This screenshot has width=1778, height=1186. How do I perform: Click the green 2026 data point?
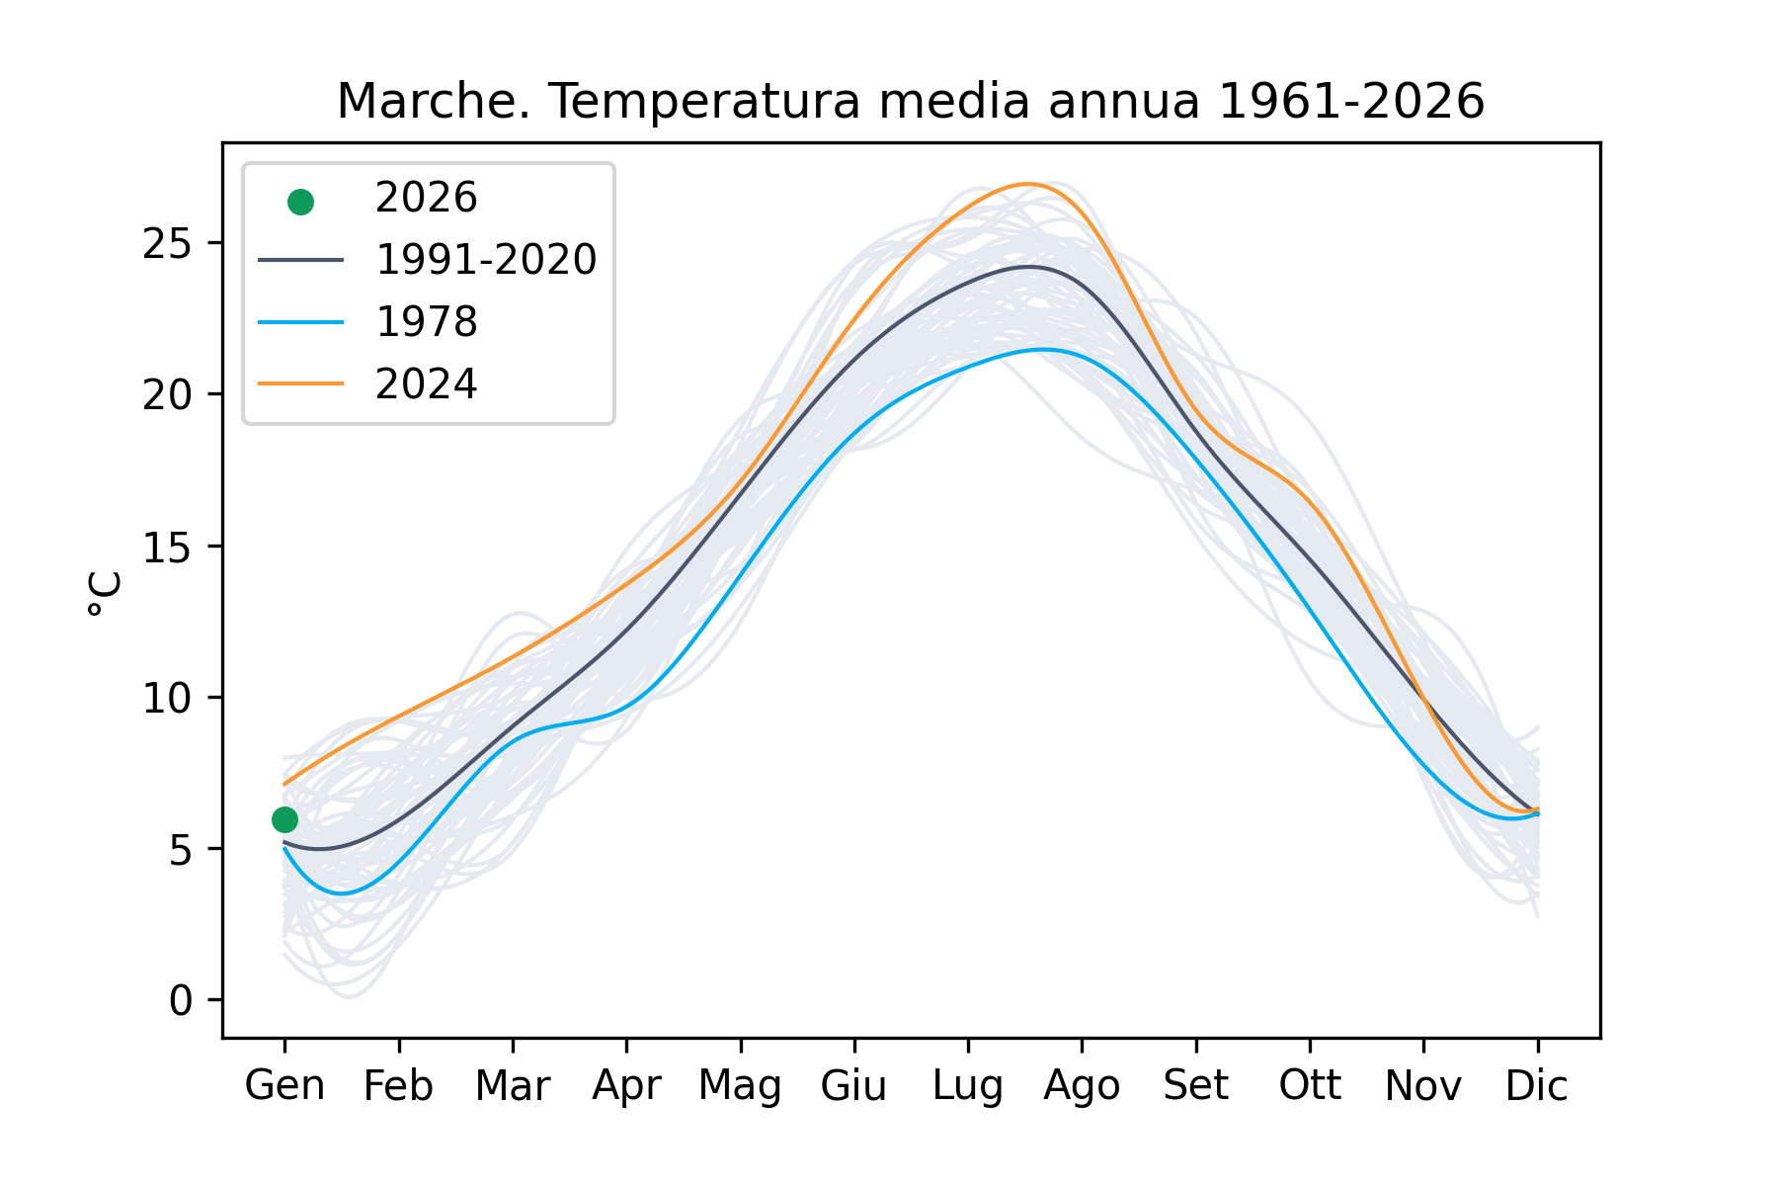pyautogui.click(x=284, y=819)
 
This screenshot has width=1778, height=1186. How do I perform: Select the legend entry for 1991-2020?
pyautogui.click(x=485, y=260)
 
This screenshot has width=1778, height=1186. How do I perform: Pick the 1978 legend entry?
pyautogui.click(x=426, y=322)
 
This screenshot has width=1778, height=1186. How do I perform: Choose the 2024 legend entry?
pyautogui.click(x=426, y=383)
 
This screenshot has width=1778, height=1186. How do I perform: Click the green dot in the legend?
pyautogui.click(x=300, y=202)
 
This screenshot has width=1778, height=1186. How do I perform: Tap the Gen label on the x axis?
pyautogui.click(x=284, y=1085)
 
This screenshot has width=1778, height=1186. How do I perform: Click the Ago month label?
pyautogui.click(x=1082, y=1085)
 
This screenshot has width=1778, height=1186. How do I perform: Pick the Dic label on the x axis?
pyautogui.click(x=1536, y=1085)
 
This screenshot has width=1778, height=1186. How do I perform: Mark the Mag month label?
pyautogui.click(x=740, y=1085)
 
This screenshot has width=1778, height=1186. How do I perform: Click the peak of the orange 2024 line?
pyautogui.click(x=1028, y=184)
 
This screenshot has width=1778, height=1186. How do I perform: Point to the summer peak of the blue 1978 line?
pyautogui.click(x=1042, y=349)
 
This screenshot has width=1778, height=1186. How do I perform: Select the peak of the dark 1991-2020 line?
pyautogui.click(x=1028, y=266)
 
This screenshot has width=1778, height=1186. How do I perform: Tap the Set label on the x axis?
pyautogui.click(x=1195, y=1085)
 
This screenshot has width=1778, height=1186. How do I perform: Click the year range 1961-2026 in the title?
pyautogui.click(x=1350, y=101)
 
